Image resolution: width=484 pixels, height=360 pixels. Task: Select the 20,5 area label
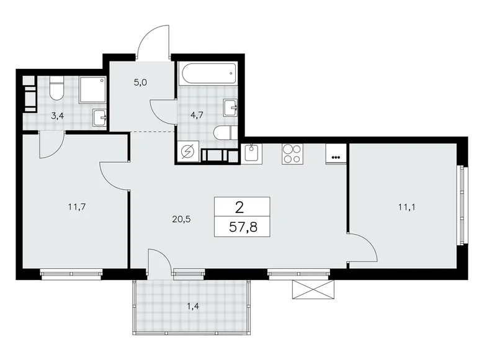pos(181,218)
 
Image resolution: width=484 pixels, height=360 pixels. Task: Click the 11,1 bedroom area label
pos(407,208)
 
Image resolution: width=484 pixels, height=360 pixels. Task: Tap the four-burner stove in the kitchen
pos(292,153)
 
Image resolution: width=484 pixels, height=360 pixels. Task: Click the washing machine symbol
pos(187,152)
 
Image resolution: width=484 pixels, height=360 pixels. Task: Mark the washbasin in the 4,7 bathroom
pos(231,108)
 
